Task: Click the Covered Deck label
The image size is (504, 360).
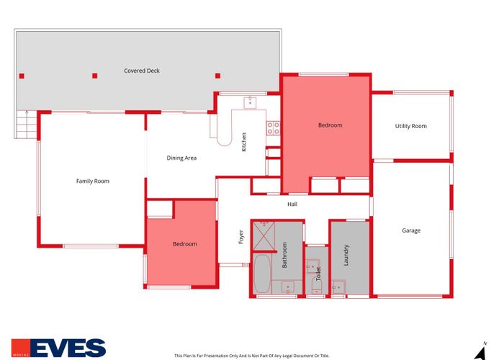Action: coord(141,71)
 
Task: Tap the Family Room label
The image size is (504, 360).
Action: coord(93,181)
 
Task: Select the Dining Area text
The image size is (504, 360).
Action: coord(181,158)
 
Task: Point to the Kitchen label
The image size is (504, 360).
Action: coord(244,141)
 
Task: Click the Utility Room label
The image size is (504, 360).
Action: coord(410,126)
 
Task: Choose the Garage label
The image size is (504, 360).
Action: coord(411,230)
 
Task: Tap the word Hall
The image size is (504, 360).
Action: coord(292,204)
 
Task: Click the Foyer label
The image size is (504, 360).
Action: coord(241,236)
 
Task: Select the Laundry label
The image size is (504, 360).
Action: coord(346,255)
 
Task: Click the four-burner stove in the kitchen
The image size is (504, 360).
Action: coord(274,128)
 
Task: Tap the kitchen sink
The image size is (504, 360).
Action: coord(250,102)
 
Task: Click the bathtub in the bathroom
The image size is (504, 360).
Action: coord(261,273)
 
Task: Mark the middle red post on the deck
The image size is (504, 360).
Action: coord(94,75)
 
